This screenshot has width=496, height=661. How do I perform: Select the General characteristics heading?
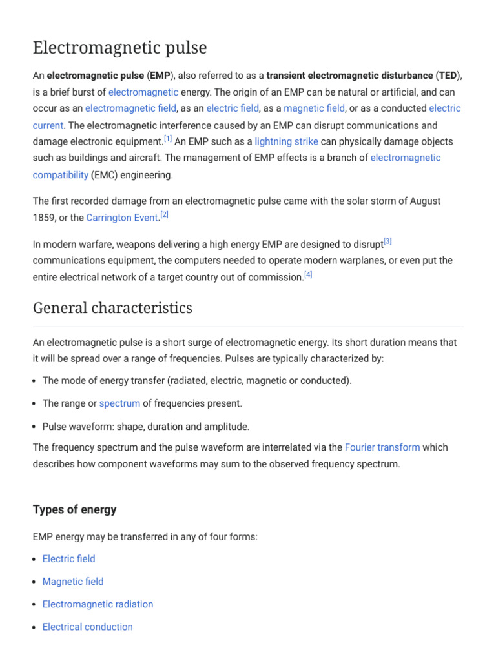coord(112,308)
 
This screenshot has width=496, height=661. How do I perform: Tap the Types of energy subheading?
coord(74,509)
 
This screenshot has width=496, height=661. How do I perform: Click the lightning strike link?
coord(286,142)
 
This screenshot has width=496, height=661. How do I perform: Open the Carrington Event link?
coord(122,218)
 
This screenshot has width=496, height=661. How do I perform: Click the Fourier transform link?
coord(382,447)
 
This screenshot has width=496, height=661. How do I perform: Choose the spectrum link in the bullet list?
coord(119,403)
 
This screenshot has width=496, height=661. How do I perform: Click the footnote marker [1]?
coord(167,139)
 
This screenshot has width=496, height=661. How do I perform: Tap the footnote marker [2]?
coord(164,215)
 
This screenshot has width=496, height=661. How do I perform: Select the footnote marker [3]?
coord(387,241)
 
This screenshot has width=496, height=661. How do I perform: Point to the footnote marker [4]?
coord(308,274)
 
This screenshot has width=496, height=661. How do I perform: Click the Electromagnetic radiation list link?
coord(98,604)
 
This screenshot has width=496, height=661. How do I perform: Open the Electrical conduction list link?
coord(87,627)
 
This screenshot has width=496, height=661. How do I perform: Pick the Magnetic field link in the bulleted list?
coord(72,582)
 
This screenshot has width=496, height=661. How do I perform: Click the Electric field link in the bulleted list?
coord(68,559)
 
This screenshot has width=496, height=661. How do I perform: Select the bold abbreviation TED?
coord(448,76)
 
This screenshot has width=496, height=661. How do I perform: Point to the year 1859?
coord(44,218)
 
